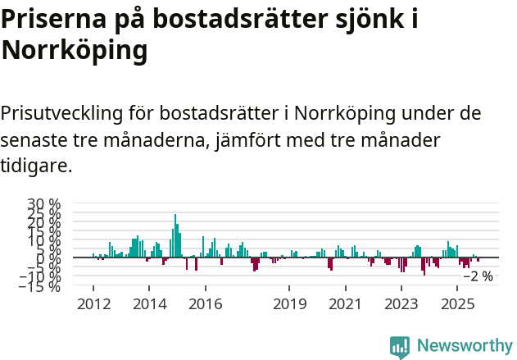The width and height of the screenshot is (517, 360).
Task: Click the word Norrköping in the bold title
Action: [75, 51]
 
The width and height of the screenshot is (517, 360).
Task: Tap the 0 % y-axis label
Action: [50, 258]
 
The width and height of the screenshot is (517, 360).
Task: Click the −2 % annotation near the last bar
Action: [478, 276]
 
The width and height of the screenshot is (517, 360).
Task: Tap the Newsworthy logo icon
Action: [400, 346]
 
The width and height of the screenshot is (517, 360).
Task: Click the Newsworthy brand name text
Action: [465, 346]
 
